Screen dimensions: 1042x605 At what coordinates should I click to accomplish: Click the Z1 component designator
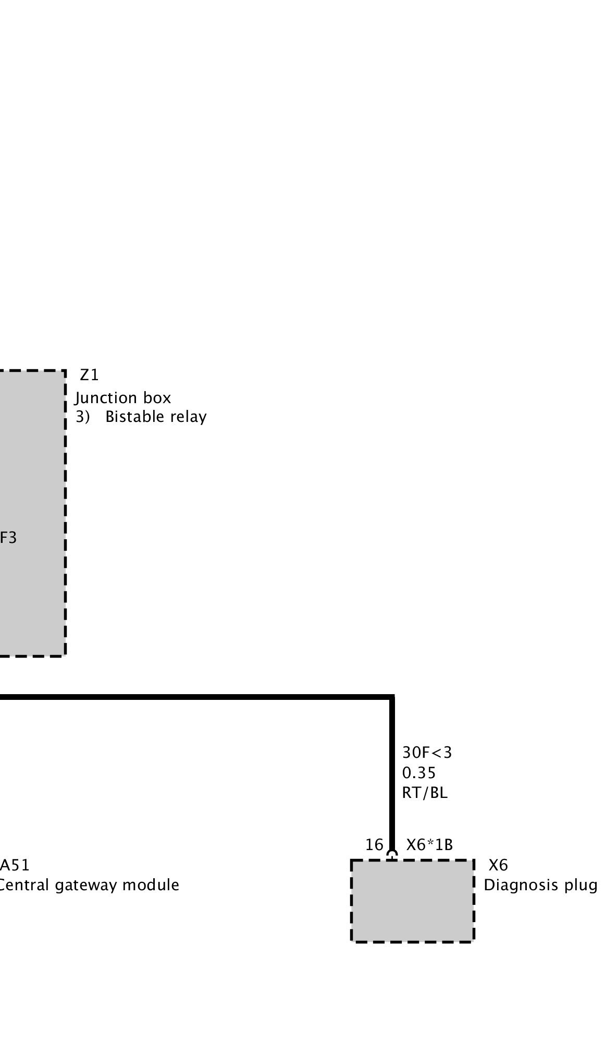point(89,375)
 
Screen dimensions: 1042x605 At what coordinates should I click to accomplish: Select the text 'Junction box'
point(123,398)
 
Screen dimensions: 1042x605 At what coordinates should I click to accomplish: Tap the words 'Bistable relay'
point(156,417)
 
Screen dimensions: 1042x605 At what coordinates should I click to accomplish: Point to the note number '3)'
point(82,417)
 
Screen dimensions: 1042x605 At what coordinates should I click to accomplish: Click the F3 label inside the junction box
point(8,538)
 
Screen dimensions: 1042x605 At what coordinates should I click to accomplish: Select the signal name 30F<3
point(427,753)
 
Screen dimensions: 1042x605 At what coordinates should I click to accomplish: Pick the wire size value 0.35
point(418,772)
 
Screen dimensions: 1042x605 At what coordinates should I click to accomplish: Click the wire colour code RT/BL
point(425,793)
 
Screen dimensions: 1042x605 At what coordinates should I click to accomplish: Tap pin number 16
point(374,844)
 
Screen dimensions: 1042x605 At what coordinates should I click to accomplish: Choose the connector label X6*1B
point(429,844)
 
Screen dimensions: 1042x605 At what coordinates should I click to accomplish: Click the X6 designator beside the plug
point(498,865)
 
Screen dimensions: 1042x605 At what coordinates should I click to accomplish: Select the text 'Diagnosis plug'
point(540,885)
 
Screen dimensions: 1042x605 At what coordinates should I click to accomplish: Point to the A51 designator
point(15,865)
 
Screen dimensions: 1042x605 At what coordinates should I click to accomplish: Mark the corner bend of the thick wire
point(392,697)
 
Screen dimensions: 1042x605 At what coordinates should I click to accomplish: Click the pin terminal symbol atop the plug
point(392,854)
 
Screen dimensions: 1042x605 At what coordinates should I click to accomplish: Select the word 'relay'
point(191,417)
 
